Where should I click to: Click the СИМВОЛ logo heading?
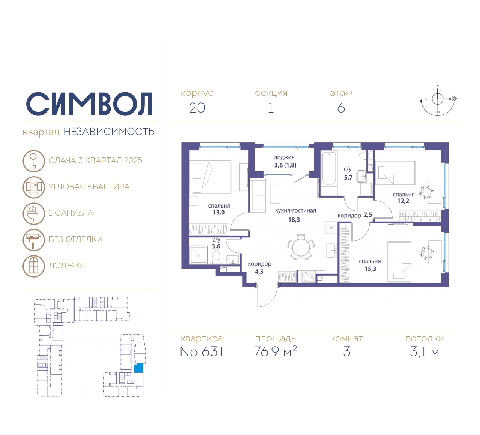point(89,104)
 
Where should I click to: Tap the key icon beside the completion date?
point(34,161)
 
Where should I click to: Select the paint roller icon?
point(34,240)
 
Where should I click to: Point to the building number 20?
point(197,108)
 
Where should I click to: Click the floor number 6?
point(341,108)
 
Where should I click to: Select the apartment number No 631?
point(202,352)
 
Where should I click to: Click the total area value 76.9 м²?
point(275,351)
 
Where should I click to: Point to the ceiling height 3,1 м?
point(424,352)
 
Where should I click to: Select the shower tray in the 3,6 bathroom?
point(198,254)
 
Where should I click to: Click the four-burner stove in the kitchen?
point(309,277)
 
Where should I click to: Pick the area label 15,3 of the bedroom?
point(370,269)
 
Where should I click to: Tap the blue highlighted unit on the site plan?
point(138,368)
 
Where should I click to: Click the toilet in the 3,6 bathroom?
point(216,257)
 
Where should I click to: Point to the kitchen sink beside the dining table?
point(331,251)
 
